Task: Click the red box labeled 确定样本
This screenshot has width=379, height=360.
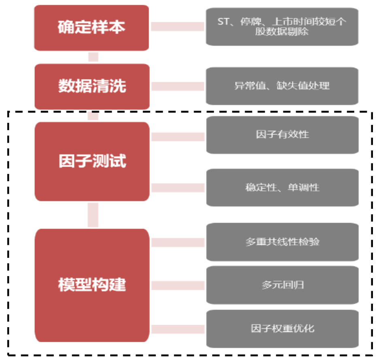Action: [92, 28]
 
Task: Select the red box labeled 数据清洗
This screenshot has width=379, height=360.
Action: [92, 86]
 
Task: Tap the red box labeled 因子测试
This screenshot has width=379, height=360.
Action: [92, 161]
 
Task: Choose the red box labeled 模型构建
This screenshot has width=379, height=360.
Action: [92, 285]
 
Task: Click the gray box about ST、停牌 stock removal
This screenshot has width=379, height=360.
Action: [282, 26]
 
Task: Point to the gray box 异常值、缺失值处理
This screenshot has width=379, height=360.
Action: [282, 86]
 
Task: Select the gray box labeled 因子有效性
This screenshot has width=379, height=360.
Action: [282, 135]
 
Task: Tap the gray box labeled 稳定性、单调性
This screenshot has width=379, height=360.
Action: [282, 187]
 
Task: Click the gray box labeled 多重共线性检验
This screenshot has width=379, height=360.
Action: [282, 242]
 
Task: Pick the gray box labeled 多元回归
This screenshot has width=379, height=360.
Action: [282, 285]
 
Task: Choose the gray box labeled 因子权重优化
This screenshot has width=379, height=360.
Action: [282, 328]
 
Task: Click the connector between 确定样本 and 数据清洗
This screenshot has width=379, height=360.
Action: [93, 57]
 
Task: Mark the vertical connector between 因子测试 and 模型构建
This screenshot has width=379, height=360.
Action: [93, 215]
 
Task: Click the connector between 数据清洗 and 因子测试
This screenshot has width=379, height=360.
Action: [93, 116]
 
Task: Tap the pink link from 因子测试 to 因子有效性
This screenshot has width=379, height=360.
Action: [178, 137]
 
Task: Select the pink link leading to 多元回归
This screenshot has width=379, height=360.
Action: [178, 285]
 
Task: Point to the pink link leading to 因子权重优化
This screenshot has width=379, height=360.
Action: [178, 329]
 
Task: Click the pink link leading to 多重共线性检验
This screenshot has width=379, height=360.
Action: [178, 242]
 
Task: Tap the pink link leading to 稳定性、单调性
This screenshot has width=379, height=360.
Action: [178, 188]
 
